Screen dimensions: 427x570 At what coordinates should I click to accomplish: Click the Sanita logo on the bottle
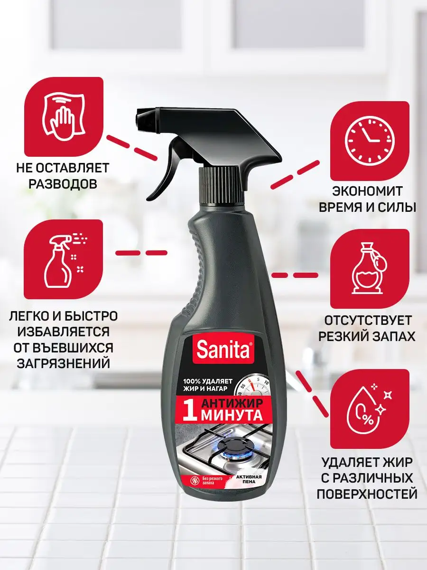(x=223, y=350)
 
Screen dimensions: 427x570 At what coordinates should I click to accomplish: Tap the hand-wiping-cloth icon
(x=64, y=116)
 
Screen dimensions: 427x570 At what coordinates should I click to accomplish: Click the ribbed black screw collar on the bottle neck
(x=221, y=188)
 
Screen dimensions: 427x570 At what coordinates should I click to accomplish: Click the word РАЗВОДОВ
(x=63, y=184)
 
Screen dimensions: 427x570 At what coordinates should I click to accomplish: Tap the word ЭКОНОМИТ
(x=367, y=191)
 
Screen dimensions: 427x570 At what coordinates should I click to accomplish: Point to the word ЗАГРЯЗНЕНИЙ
(x=64, y=363)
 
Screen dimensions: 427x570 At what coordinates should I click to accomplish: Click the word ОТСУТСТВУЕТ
(x=368, y=321)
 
